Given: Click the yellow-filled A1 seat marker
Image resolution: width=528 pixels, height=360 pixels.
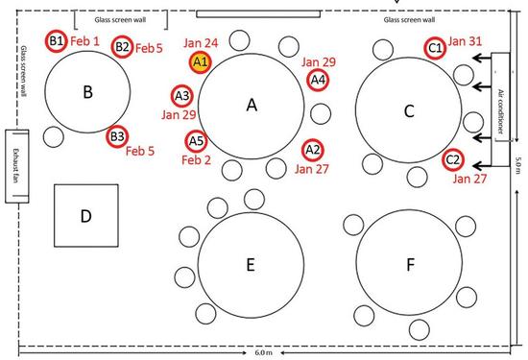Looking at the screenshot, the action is tap(201, 62).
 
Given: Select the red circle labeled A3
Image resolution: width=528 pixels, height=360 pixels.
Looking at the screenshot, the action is tap(182, 95).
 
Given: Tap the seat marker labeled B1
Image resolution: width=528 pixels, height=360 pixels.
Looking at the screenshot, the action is tap(57, 40).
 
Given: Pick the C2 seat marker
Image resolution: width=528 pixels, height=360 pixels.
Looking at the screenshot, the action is tap(453, 160).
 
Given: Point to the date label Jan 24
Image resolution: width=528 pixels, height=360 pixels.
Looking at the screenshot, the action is tap(200, 43).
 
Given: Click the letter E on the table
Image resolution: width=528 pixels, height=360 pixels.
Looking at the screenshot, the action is tap(250, 266).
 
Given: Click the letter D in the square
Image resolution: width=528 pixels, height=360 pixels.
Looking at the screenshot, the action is tap(84, 216).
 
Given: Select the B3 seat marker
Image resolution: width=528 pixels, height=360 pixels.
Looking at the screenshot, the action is tap(116, 137).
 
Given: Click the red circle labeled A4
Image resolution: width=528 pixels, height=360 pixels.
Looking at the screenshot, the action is tap(318, 80).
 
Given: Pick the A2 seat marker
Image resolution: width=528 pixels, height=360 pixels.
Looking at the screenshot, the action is tap(312, 149).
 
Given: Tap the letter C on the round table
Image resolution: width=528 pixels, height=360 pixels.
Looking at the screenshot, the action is tap(408, 111).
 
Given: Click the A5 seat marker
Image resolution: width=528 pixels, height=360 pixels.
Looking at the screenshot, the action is tap(196, 141).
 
